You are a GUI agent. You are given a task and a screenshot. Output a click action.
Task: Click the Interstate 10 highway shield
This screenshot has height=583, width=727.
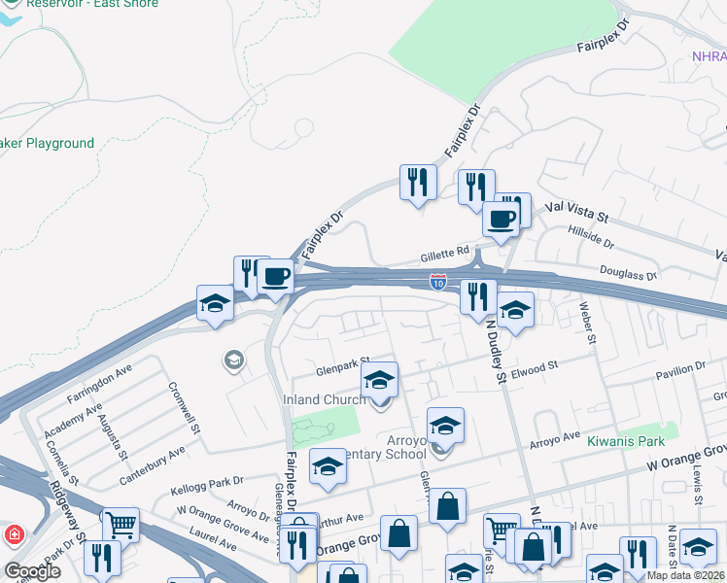(438, 283)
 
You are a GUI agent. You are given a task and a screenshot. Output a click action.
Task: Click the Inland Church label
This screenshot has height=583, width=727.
(325, 399)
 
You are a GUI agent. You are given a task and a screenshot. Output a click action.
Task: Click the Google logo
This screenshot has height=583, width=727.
(32, 571)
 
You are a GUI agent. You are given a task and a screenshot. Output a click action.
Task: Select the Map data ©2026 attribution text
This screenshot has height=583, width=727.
(685, 575)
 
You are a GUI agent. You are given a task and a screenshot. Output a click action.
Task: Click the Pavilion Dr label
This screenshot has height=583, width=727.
(681, 369)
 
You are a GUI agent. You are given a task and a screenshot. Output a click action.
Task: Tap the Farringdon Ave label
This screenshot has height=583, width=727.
(99, 386)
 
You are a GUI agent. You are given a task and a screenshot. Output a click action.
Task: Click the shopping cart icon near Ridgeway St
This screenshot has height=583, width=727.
(121, 525)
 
